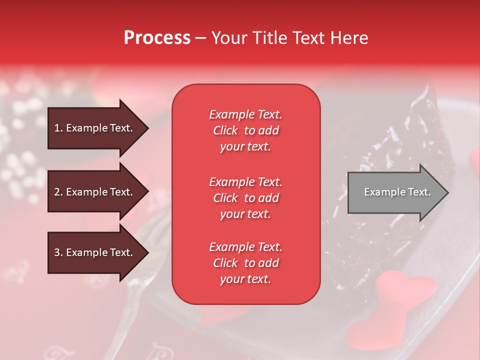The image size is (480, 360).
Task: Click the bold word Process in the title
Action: point(157,38)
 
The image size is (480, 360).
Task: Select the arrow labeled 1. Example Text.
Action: point(97,128)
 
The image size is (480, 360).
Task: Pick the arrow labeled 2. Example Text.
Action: point(97,192)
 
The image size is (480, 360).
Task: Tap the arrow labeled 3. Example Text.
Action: point(97,252)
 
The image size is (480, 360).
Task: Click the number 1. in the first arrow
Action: point(58,128)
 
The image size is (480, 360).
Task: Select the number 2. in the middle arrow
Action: point(58,192)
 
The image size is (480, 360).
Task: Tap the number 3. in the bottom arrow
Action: point(58,252)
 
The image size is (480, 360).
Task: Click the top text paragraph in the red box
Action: point(245,130)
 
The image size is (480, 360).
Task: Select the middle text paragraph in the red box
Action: point(245,198)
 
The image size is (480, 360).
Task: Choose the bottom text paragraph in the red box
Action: point(245,263)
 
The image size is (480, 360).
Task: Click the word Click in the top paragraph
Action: point(225,131)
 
